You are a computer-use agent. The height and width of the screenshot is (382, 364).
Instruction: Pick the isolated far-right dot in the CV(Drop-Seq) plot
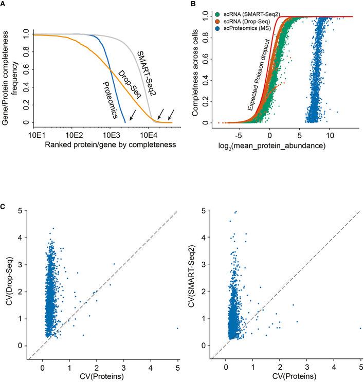(x=177, y=328)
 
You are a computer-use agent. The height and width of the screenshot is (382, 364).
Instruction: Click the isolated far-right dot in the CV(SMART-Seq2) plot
(x=360, y=328)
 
